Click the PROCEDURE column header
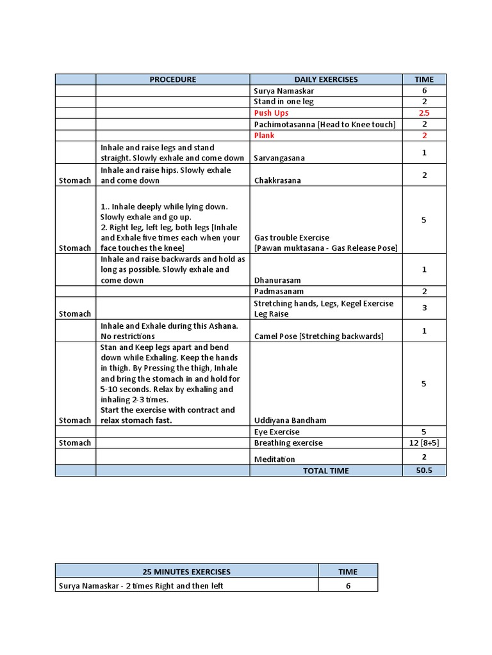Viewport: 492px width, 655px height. tap(172, 79)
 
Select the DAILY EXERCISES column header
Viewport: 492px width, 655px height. tap(326, 79)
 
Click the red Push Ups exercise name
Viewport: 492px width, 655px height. tap(271, 113)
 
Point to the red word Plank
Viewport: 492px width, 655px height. tap(265, 136)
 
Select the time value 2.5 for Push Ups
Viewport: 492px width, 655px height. tap(424, 113)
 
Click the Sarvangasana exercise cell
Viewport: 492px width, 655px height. tap(279, 158)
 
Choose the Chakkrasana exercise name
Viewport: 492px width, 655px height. tap(277, 180)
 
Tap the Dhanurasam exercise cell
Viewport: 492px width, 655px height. tap(277, 280)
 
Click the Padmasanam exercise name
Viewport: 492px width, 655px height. tap(279, 292)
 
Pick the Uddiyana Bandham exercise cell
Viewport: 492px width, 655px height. tap(290, 420)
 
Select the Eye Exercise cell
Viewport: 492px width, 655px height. tap(277, 432)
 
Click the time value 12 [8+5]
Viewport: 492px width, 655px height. tap(424, 443)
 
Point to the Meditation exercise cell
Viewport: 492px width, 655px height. tap(274, 459)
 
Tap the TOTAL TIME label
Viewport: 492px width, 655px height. tap(326, 471)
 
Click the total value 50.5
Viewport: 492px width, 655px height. tap(424, 471)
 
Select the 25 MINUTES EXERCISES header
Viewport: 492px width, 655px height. tap(186, 572)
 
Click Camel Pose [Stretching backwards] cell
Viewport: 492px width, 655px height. tap(318, 336)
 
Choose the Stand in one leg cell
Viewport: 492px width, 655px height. tap(284, 102)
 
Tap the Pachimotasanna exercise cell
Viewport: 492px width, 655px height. tap(324, 124)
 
